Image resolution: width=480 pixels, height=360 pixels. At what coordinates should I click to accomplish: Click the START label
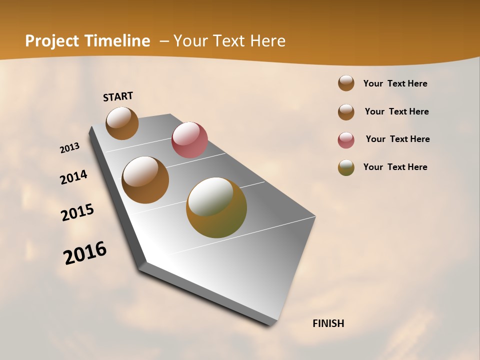(118, 96)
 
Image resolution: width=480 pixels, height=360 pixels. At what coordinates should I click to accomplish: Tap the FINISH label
(328, 323)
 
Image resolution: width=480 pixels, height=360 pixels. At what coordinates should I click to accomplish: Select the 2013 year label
(70, 148)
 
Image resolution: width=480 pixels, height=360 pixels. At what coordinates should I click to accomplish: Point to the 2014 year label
(74, 177)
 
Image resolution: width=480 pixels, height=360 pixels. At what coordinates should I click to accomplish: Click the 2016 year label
(85, 253)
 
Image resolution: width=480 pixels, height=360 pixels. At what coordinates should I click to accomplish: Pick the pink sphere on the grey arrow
(189, 140)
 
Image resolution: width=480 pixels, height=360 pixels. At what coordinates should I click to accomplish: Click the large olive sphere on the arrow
(216, 207)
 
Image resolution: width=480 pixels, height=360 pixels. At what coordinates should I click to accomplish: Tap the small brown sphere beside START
(122, 123)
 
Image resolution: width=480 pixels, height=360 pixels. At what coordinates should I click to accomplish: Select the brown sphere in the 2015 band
(145, 180)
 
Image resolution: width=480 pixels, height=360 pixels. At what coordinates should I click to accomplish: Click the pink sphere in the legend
(346, 140)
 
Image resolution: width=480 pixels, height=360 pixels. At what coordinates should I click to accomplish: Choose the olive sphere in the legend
(346, 167)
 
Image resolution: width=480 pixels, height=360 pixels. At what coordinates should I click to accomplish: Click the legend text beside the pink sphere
(397, 139)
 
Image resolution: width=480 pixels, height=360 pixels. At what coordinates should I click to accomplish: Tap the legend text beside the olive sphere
(395, 167)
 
